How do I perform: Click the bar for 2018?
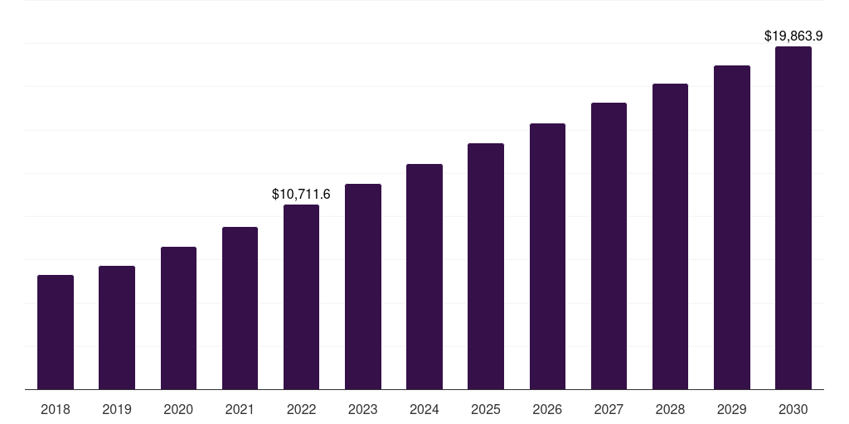pyautogui.click(x=56, y=332)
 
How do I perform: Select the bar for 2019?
pyautogui.click(x=117, y=328)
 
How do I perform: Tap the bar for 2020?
pyautogui.click(x=178, y=318)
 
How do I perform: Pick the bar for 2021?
pyautogui.click(x=240, y=308)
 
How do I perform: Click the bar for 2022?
pyautogui.click(x=301, y=297)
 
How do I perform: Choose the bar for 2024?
pyautogui.click(x=424, y=277)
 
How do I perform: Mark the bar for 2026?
pyautogui.click(x=547, y=257)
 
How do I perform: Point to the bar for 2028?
pyautogui.click(x=670, y=237)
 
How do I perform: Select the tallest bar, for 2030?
pyautogui.click(x=793, y=218)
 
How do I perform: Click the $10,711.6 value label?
pyautogui.click(x=301, y=195)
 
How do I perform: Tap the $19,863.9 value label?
pyautogui.click(x=793, y=36)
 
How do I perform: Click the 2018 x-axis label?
pyautogui.click(x=56, y=409)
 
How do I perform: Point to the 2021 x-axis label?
pyautogui.click(x=240, y=409)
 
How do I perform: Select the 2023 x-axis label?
pyautogui.click(x=362, y=409)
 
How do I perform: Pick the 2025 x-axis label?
pyautogui.click(x=486, y=409)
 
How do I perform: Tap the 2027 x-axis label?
pyautogui.click(x=609, y=409)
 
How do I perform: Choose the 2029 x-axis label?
pyautogui.click(x=731, y=409)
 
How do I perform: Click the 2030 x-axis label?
pyautogui.click(x=793, y=409)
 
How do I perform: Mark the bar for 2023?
pyautogui.click(x=362, y=287)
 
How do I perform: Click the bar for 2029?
pyautogui.click(x=731, y=228)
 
